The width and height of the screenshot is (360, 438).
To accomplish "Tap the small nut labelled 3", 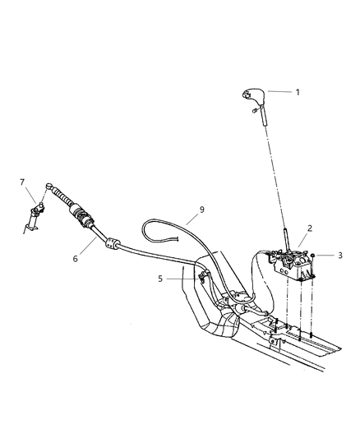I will (x=315, y=256).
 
